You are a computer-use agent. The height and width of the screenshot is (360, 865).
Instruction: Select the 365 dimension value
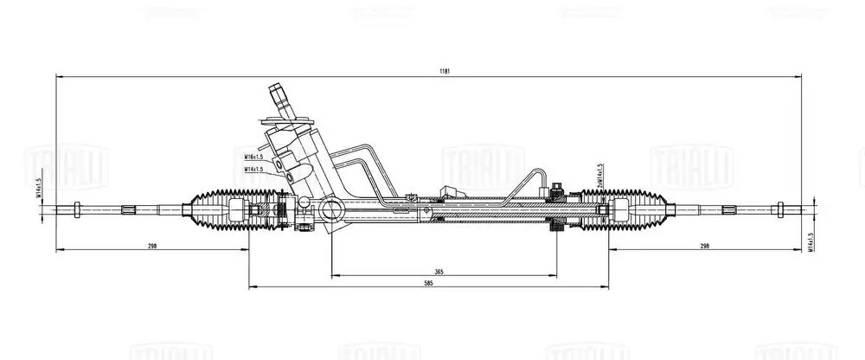pos(439,272)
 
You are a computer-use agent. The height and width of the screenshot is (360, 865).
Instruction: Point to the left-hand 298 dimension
pos(152,247)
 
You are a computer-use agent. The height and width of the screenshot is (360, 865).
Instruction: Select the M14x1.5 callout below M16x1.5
pos(253,170)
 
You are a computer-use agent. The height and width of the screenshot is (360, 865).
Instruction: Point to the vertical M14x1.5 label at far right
pos(811,245)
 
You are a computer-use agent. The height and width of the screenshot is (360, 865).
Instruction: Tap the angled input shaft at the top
pos(280,97)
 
